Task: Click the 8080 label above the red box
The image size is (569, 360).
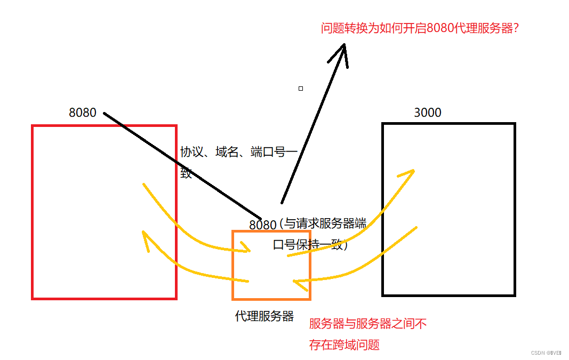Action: coord(83,113)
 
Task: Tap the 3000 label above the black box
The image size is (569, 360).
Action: coord(428,113)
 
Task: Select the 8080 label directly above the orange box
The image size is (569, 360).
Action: coord(263,225)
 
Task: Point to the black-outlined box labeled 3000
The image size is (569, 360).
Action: coord(448,209)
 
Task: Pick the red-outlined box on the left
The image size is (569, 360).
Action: coord(104,212)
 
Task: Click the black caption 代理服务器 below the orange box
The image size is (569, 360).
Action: coord(264,316)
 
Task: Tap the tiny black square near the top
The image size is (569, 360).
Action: coord(301,89)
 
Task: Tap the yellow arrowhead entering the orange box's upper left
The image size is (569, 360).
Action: coord(245,249)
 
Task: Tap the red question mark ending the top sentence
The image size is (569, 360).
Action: coord(515,28)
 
